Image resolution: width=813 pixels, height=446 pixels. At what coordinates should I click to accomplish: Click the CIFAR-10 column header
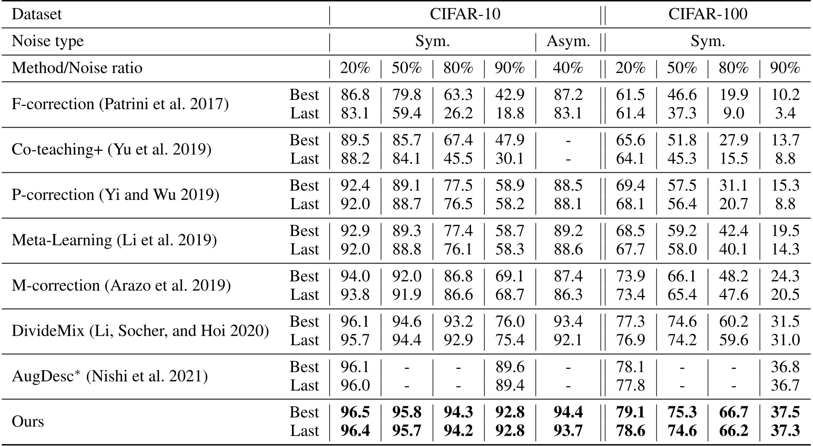coord(465,14)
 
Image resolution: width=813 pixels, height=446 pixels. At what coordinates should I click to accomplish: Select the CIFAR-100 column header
coord(708,14)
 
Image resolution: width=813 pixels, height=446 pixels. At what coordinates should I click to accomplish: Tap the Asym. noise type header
coord(568,41)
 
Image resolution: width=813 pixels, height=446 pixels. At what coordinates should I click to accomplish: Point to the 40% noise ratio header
coord(568,68)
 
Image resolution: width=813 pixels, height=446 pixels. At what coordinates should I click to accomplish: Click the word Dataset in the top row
coord(37,14)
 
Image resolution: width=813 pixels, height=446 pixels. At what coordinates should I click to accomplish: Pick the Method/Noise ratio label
coord(77,68)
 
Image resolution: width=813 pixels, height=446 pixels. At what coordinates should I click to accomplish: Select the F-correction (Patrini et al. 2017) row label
coord(120,104)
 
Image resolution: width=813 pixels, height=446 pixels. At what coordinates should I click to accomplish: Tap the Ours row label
coord(28,421)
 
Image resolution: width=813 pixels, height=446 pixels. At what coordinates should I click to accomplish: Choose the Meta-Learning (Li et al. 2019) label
coord(114,240)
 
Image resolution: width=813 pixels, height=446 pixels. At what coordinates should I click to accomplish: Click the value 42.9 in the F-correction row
coord(510,95)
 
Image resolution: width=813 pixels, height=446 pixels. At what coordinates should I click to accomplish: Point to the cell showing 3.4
coord(785,113)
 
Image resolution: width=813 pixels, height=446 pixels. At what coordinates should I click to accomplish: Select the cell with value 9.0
coord(733,113)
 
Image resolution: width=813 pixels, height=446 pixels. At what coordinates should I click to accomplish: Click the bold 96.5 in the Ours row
coord(355,412)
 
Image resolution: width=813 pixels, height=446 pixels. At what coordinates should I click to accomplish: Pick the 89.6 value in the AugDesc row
coord(510,367)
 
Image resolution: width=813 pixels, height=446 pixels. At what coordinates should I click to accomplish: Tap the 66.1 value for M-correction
coord(682,276)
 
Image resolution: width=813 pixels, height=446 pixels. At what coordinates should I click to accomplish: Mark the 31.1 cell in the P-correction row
coord(733,185)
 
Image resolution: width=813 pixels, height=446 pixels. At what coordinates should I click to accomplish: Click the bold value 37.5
coord(785,412)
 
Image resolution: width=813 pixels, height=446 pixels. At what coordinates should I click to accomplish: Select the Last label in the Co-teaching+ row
coord(305,159)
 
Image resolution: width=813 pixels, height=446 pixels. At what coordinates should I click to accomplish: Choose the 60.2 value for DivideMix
coord(733,321)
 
